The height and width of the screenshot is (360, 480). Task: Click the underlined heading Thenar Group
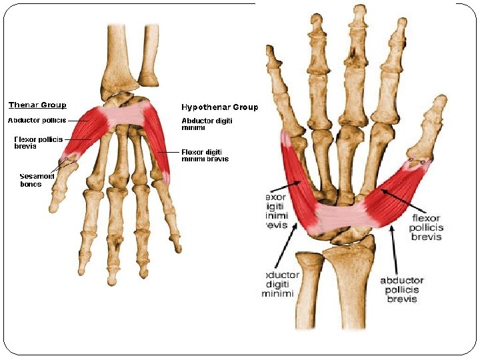coord(37,105)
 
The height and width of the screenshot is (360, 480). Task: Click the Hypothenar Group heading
coord(220,107)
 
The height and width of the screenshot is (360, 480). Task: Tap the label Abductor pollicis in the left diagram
coord(37,121)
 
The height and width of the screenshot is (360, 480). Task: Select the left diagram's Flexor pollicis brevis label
coord(38,143)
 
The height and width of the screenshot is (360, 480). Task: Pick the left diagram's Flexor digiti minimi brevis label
coord(205,155)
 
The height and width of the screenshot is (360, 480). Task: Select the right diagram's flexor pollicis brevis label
coord(425,227)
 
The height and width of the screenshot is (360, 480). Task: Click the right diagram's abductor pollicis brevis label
coord(402,290)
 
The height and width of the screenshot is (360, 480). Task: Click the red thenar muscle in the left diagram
coord(87,133)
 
